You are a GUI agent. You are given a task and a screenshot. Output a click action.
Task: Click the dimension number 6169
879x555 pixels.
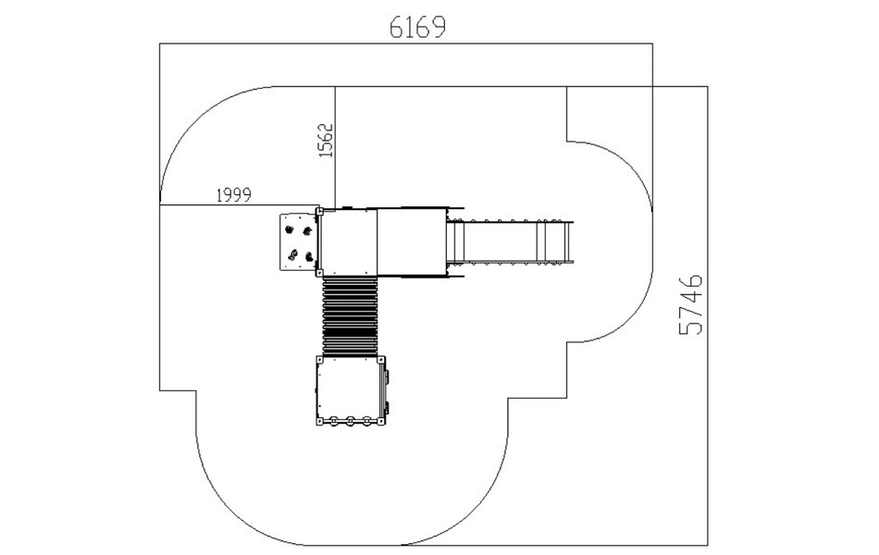coord(417,27)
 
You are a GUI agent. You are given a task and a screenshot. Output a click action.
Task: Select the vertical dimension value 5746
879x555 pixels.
coord(690,304)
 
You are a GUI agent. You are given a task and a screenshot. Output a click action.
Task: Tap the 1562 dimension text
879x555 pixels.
coord(326,141)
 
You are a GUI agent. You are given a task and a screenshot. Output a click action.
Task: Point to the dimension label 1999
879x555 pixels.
coord(234,195)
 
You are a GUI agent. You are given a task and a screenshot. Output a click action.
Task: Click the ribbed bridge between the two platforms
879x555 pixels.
coord(351,316)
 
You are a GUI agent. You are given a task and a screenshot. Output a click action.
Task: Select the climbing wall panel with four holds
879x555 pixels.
coord(299,241)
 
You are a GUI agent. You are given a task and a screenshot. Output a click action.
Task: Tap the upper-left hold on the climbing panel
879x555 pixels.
coord(290,229)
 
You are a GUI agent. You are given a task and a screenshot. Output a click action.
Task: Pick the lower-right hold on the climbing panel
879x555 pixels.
coord(309,257)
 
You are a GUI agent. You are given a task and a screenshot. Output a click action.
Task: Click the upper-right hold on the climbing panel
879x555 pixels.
coord(306,230)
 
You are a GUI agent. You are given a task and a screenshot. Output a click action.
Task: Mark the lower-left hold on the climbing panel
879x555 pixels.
coord(292,255)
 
